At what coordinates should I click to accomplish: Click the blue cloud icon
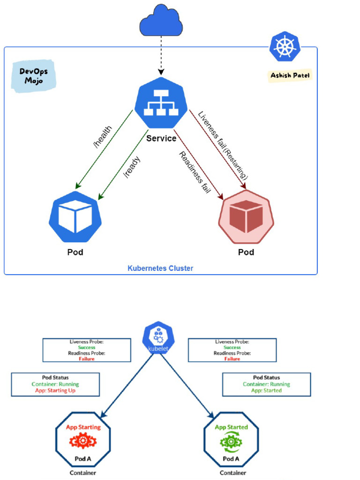point(161,21)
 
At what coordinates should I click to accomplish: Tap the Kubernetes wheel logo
point(285,47)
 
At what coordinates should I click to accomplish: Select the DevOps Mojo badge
point(33,76)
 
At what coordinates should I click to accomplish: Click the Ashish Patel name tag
point(290,75)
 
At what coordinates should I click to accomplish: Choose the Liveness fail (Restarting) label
point(223,145)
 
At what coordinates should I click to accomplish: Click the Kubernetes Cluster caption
point(160,269)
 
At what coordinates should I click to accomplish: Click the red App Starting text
point(83,427)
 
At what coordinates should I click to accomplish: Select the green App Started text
point(231,427)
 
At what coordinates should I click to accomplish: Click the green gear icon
point(231,442)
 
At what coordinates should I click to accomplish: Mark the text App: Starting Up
point(55,390)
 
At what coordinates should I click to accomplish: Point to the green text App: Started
point(266,390)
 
